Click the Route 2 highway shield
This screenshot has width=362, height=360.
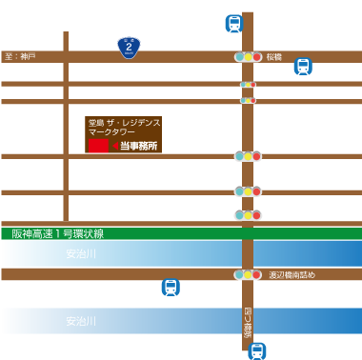click(129, 45)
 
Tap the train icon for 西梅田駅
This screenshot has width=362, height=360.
click(234, 24)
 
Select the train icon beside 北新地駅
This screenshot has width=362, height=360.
click(302, 67)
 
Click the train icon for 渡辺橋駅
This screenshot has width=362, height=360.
click(170, 288)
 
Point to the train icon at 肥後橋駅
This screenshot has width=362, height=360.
click(257, 350)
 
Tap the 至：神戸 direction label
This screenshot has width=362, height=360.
click(20, 57)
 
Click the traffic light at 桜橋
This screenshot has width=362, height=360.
click(248, 57)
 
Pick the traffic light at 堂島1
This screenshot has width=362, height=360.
click(248, 156)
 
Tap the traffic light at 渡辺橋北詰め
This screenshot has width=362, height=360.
click(248, 216)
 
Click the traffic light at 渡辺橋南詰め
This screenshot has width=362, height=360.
click(248, 275)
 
